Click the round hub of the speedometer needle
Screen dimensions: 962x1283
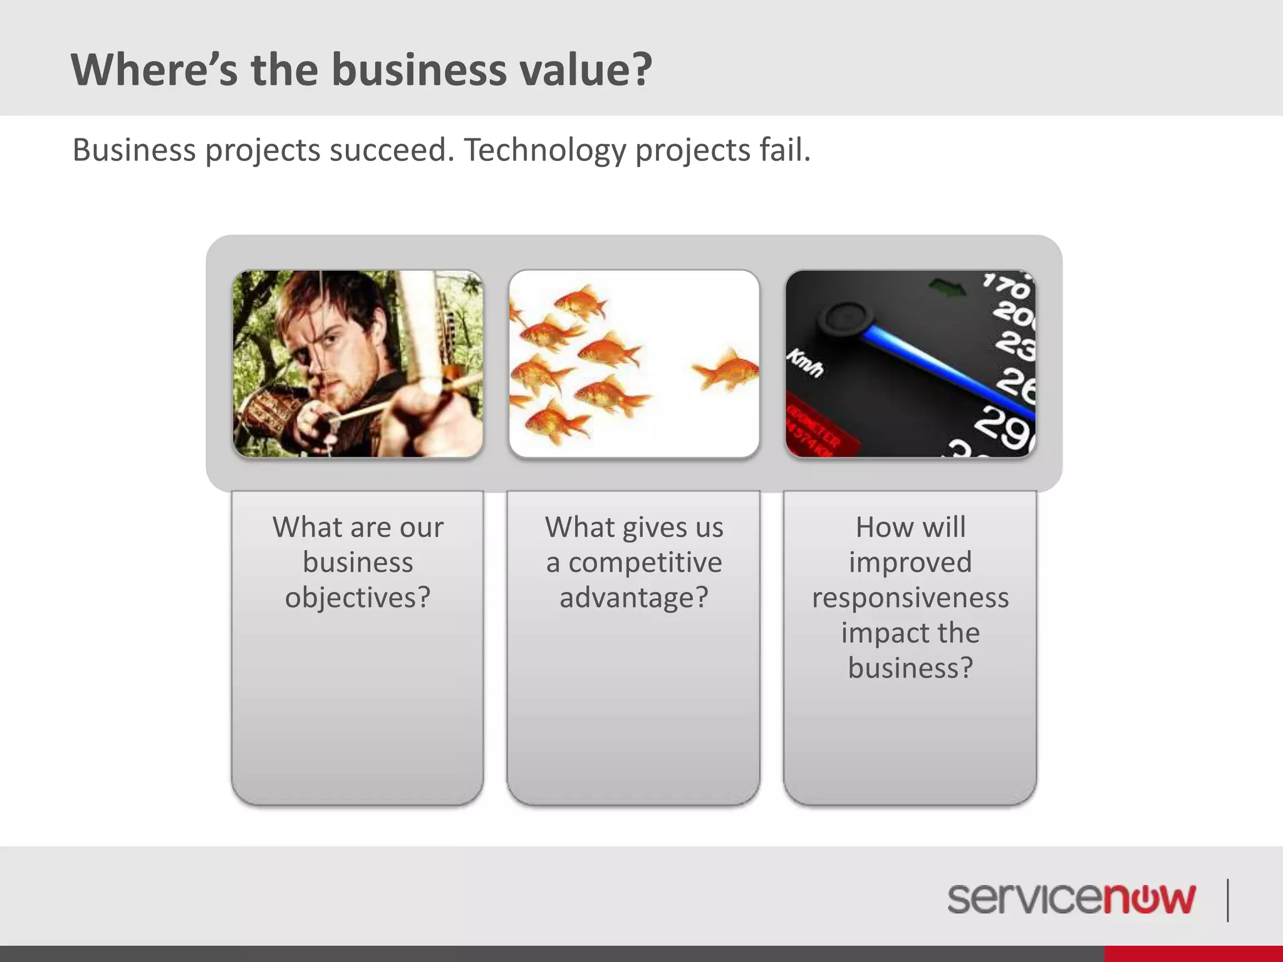coord(846,319)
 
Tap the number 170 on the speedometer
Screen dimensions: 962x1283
coord(1005,285)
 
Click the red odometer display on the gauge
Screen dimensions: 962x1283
coord(814,429)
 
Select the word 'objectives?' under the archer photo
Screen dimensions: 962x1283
coord(358,597)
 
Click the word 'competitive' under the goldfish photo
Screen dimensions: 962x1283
coord(645,562)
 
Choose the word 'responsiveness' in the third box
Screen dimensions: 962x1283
coord(910,597)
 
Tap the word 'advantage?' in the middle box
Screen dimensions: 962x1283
coord(634,597)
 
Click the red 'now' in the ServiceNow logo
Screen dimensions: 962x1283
coord(1150,899)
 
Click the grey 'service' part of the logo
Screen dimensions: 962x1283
coord(1024,899)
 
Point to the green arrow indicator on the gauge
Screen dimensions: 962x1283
coord(948,289)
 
